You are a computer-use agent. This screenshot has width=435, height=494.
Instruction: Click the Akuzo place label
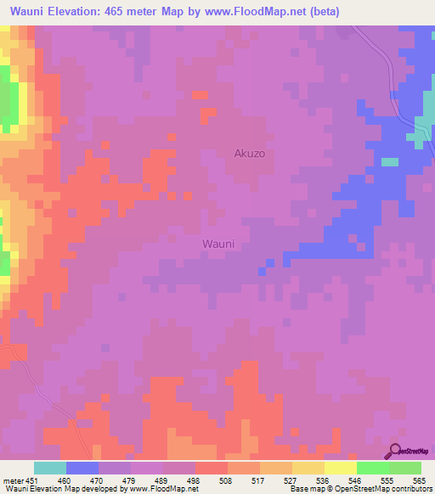[251, 154]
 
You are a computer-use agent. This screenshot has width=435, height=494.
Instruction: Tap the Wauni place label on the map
[217, 244]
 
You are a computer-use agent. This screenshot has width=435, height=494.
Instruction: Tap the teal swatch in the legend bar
[50, 468]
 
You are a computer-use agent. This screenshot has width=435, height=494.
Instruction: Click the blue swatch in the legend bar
[82, 468]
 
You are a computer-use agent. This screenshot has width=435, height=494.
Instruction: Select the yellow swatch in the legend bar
[340, 468]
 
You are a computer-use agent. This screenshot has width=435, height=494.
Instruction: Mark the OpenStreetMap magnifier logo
[395, 452]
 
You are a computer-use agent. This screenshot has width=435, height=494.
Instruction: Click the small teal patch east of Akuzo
[389, 161]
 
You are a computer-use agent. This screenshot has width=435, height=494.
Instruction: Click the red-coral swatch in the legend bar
[211, 468]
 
